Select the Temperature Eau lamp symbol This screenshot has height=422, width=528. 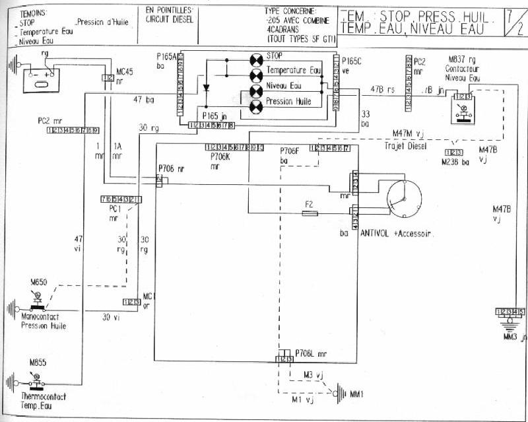click(x=255, y=71)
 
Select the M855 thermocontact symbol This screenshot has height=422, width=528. click(x=35, y=381)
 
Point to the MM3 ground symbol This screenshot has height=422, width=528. click(x=509, y=323)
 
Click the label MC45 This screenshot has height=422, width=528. click(x=125, y=70)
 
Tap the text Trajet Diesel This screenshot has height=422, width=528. click(x=406, y=145)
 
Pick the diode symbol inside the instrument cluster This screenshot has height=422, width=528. click(x=205, y=87)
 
